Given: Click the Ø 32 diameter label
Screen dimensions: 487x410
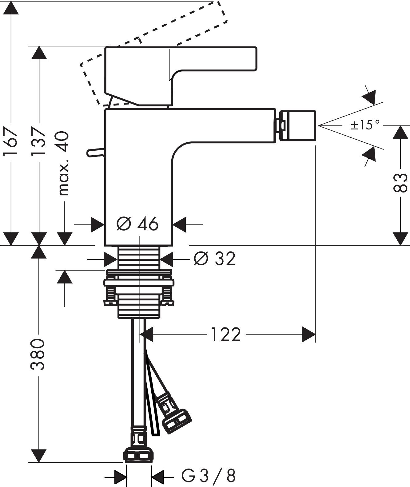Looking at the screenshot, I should click(x=214, y=259).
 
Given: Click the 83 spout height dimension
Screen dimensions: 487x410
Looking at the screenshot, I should click(x=400, y=183).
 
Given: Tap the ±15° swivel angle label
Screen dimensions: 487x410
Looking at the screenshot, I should click(x=365, y=125).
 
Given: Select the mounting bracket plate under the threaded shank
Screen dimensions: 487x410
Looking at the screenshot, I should click(x=139, y=282).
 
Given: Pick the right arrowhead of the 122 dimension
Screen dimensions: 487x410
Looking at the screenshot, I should click(x=309, y=335).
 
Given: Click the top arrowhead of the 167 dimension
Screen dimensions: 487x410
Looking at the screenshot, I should click(x=11, y=8).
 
